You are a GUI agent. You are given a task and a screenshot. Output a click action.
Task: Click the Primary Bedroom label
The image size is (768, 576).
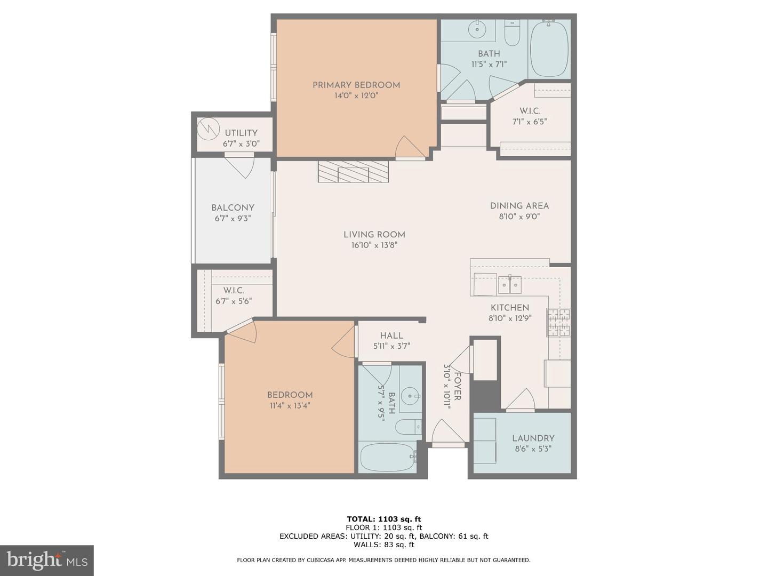356,85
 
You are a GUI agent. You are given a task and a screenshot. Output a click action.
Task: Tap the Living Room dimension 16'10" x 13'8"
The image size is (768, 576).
374,245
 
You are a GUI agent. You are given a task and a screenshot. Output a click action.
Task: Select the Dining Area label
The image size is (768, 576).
519,206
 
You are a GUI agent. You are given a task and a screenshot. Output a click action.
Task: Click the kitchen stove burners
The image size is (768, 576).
558,322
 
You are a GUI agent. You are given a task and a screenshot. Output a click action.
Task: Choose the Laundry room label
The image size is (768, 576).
533,438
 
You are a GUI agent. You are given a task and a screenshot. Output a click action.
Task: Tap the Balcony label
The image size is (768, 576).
233,208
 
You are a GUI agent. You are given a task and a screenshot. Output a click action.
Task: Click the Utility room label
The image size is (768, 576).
241,133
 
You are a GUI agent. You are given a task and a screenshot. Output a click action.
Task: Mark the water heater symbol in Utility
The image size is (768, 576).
208,129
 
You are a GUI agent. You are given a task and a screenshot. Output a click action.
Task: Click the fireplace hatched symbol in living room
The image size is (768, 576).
353,172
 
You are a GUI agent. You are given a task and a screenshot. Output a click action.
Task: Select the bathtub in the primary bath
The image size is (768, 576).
549,49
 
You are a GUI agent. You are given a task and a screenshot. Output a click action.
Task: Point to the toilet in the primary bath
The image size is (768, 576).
512,34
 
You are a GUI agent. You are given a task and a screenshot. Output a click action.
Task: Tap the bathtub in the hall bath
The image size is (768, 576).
388,457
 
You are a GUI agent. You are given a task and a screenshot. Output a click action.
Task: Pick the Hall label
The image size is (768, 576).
391,336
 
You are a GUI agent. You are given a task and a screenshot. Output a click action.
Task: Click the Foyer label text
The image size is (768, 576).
457,386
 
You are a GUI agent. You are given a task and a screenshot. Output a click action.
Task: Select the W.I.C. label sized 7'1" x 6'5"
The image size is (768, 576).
530,111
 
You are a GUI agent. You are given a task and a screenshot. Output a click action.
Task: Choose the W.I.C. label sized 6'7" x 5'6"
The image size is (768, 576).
234,291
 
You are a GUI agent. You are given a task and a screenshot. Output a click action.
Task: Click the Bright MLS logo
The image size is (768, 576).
47,560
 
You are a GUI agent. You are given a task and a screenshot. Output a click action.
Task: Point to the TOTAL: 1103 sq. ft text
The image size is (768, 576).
383,519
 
